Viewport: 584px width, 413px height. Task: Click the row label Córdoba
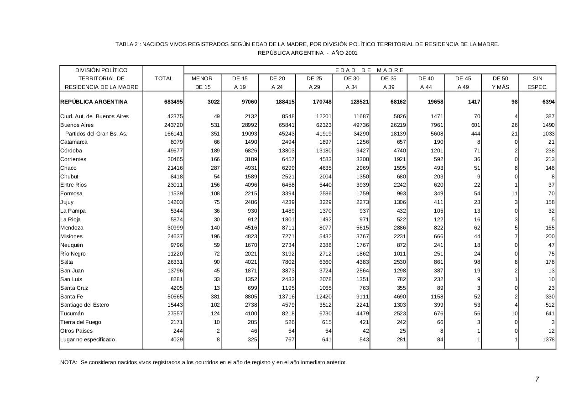click(71, 151)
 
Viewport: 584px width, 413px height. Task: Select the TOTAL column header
click(163, 78)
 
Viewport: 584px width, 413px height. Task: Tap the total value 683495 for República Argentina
click(173, 102)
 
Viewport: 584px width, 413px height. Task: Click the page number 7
click(537, 379)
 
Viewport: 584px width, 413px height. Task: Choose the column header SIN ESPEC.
click(537, 83)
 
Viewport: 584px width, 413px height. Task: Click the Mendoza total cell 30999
click(175, 228)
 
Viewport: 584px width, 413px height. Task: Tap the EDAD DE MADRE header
click(370, 70)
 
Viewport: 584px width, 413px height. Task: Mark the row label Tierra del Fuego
click(81, 322)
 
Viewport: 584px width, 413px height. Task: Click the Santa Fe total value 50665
click(175, 297)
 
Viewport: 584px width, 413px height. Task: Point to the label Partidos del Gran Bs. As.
click(96, 134)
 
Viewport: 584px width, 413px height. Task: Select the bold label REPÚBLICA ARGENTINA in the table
click(94, 102)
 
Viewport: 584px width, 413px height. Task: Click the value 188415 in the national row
click(285, 102)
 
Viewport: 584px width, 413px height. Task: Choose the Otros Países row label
click(76, 331)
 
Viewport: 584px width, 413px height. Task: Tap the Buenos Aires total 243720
click(173, 125)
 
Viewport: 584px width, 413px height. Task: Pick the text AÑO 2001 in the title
click(344, 53)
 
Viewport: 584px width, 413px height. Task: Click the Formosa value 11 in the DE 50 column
click(515, 193)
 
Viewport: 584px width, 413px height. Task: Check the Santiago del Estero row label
click(85, 305)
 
